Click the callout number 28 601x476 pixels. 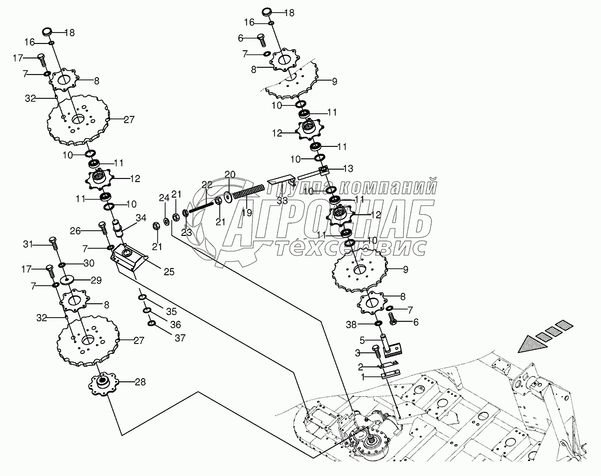coord(140,382)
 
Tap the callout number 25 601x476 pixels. coord(169,272)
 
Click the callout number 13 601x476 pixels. coord(347,168)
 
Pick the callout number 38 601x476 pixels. coord(365,324)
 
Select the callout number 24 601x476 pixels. coord(164,198)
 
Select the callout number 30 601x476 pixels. coord(89,263)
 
